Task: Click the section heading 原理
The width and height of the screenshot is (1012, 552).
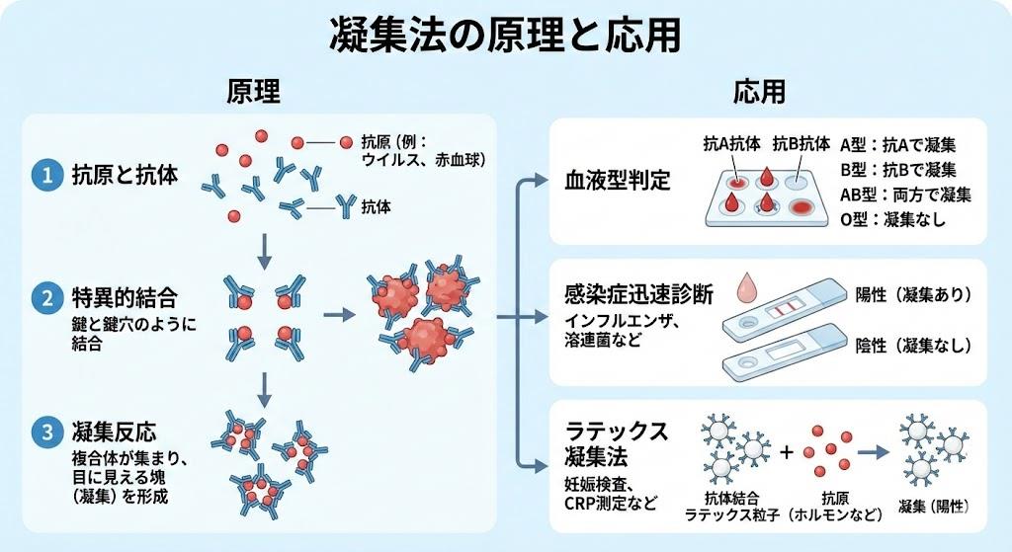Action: (x=254, y=92)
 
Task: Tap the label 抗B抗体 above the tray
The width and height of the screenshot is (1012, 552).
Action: (x=801, y=142)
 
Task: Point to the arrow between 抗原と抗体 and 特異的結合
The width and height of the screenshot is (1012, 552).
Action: (x=264, y=253)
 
